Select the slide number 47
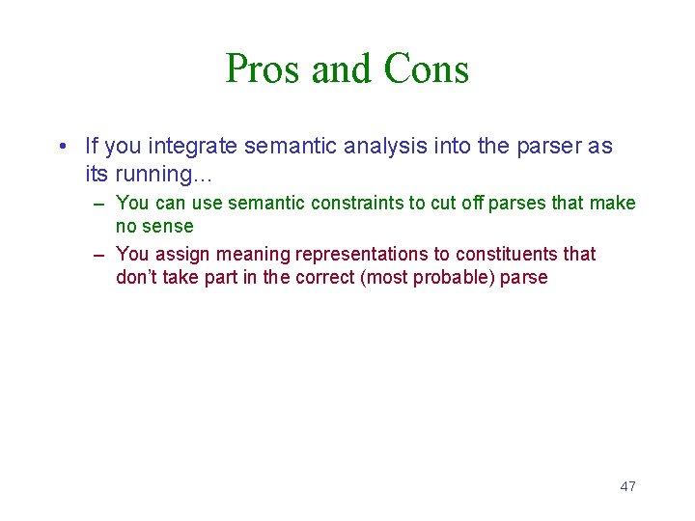(627, 486)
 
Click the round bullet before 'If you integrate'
(62, 147)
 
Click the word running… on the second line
(154, 175)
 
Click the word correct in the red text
(326, 278)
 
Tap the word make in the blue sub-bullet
(614, 204)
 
